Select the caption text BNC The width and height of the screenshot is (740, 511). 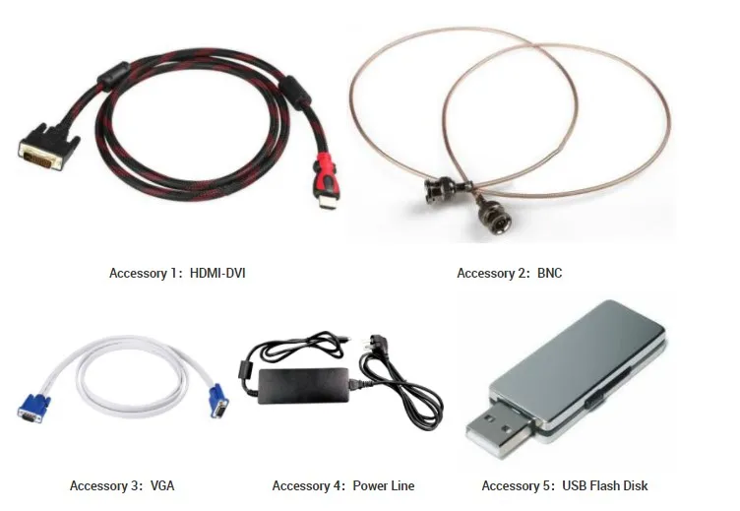pos(550,273)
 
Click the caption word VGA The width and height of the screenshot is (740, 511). pos(162,485)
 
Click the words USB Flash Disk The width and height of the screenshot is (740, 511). pos(605,485)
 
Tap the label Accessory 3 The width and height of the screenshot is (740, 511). pos(103,485)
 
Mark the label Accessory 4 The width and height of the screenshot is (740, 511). pos(306,485)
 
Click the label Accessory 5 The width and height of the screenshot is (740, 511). pos(516,485)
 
